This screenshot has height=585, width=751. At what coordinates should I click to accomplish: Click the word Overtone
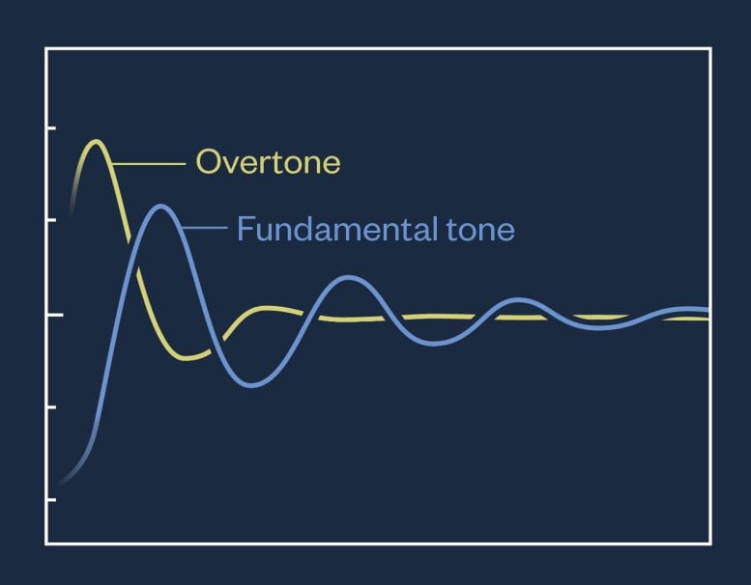[268, 162]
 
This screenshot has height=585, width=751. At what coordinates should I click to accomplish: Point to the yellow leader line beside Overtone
[150, 165]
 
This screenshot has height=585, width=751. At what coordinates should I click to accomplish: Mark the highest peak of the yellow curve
[95, 143]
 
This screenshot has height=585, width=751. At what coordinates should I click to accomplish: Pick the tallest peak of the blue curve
[160, 207]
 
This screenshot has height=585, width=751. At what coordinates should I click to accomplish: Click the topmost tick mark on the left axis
[51, 127]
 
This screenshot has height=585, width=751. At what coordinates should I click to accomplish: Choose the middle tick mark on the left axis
[51, 315]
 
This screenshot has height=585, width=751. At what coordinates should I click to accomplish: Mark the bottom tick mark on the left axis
[51, 500]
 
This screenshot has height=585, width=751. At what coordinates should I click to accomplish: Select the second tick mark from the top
[51, 221]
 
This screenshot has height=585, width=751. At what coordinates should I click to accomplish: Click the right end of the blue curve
[707, 310]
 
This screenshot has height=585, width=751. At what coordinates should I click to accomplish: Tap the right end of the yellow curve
[707, 319]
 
